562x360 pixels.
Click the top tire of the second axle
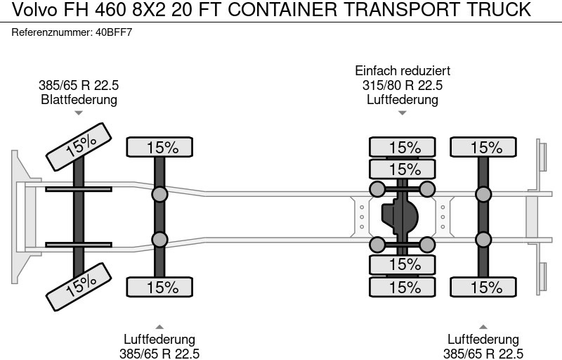pos(160,148)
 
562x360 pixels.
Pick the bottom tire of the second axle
pos(160,287)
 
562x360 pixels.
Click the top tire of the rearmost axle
pos(484,148)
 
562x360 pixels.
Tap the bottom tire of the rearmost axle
pos(484,287)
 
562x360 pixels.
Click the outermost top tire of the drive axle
pos(403,148)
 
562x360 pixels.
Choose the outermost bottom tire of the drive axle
pos(403,287)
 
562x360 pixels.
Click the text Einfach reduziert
pos(403,71)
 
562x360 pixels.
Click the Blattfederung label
pos(79,99)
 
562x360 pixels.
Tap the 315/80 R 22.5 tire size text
pos(403,85)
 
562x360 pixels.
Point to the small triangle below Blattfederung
pos(79,112)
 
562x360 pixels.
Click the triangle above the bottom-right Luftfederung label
pos(484,326)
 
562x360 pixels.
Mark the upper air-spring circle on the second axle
pos(160,195)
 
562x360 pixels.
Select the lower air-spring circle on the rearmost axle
pos(484,239)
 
